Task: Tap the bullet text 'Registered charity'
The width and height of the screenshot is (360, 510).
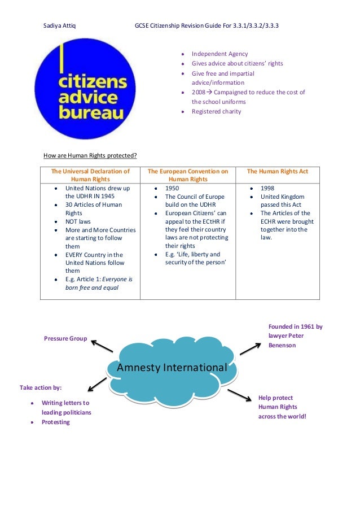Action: tap(216, 111)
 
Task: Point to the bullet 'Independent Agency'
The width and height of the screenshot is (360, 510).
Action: tap(219, 54)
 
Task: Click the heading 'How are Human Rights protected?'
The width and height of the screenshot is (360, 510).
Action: tap(90, 156)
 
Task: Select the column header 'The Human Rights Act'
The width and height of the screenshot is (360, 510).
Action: tap(277, 171)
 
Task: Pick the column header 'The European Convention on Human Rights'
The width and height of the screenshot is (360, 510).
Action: tap(187, 175)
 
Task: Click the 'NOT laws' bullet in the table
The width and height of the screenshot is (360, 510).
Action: tap(78, 222)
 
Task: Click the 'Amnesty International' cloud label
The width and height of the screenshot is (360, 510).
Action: tap(172, 368)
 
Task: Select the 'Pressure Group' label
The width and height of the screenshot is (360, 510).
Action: tap(65, 338)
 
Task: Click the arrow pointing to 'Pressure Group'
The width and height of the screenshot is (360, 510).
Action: tap(102, 346)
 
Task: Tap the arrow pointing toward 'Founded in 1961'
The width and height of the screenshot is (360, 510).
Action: tap(250, 346)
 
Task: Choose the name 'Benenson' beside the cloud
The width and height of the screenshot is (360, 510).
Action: tap(282, 345)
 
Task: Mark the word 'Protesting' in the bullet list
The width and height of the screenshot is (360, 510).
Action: tap(55, 422)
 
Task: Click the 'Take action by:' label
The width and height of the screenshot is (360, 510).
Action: tap(41, 387)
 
